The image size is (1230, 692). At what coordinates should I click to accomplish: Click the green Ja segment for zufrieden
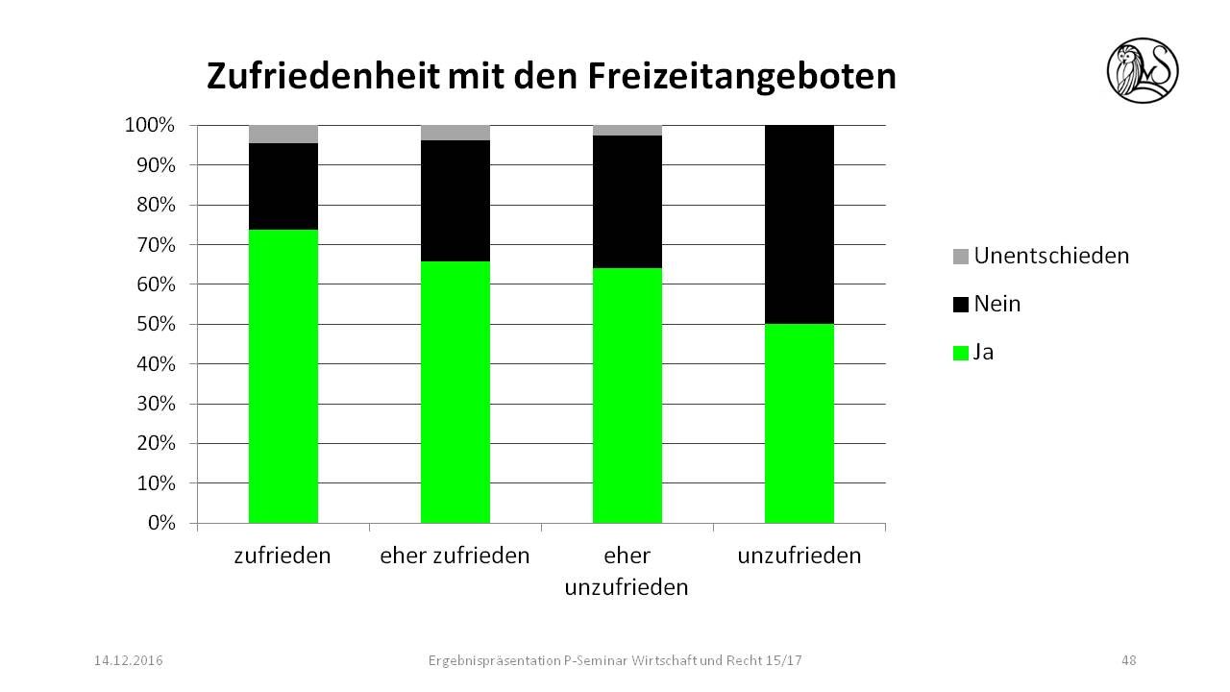[283, 376]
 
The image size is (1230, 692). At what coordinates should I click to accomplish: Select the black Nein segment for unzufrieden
[799, 224]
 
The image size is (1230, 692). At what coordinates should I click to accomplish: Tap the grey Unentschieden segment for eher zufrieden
[455, 133]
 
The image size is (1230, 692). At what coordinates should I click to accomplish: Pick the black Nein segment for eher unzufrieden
[627, 202]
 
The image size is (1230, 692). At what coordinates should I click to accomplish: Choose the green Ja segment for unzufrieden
[799, 423]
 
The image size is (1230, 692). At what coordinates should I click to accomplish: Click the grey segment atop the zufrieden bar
[283, 135]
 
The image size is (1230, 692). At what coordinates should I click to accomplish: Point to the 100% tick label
[149, 125]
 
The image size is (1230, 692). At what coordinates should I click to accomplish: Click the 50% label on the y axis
[153, 325]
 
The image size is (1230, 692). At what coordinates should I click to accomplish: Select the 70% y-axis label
[153, 245]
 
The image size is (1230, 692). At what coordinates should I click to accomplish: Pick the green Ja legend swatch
[961, 353]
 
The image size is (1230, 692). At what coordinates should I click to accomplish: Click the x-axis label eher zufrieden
[455, 556]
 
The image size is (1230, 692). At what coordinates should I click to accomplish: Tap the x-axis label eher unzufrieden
[627, 571]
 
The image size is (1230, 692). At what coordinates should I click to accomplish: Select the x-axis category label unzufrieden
[799, 556]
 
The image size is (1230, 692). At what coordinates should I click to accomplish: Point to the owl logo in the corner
[1142, 70]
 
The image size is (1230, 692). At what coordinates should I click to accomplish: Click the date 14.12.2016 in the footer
[129, 660]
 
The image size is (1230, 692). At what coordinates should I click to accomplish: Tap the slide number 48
[1128, 660]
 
